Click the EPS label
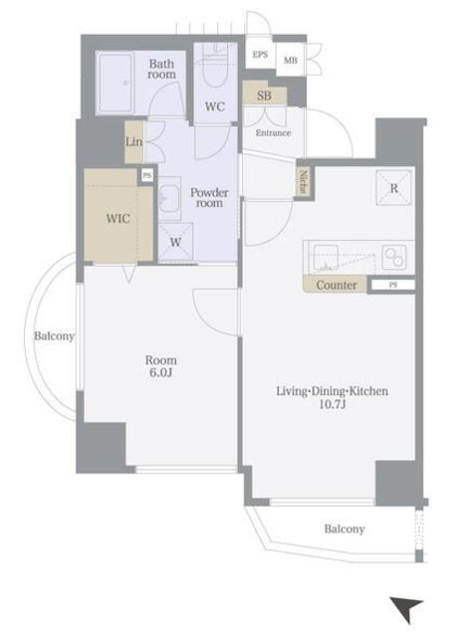260,55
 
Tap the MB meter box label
291,61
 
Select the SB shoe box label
264,96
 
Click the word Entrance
273,132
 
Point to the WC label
215,106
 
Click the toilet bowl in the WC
215,70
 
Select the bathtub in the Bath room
116,83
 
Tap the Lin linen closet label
133,141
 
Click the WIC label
117,219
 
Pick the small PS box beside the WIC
147,175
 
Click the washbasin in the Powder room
169,199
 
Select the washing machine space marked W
175,242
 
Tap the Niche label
304,182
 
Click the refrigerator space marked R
393,188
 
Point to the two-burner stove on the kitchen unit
393,258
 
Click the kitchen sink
325,257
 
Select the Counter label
337,286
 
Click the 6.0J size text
161,372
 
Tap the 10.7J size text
333,404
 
